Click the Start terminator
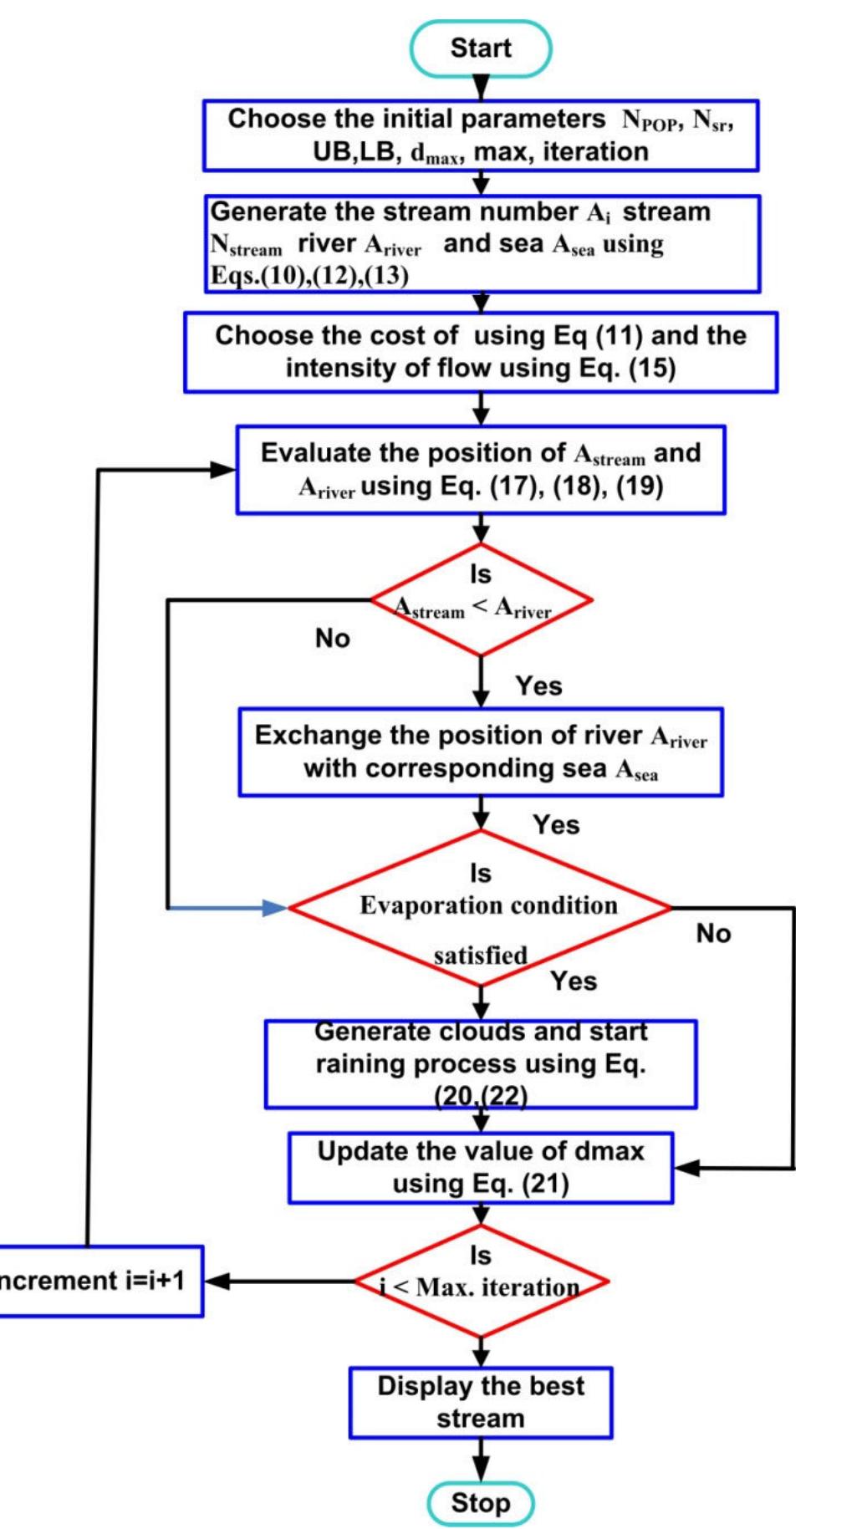480,48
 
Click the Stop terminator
480,1502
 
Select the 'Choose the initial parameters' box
480,135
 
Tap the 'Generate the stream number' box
482,243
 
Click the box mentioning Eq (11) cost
480,352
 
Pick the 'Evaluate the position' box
480,469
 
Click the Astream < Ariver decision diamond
480,599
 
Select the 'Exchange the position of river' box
480,752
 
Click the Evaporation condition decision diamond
480,908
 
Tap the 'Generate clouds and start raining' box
480,1064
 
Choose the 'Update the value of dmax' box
480,1168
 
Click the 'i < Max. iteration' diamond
480,1281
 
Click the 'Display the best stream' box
480,1402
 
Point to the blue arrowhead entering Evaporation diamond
275,908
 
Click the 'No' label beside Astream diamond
332,639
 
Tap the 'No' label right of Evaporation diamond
713,933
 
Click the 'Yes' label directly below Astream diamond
538,686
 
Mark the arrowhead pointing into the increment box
216,1281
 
